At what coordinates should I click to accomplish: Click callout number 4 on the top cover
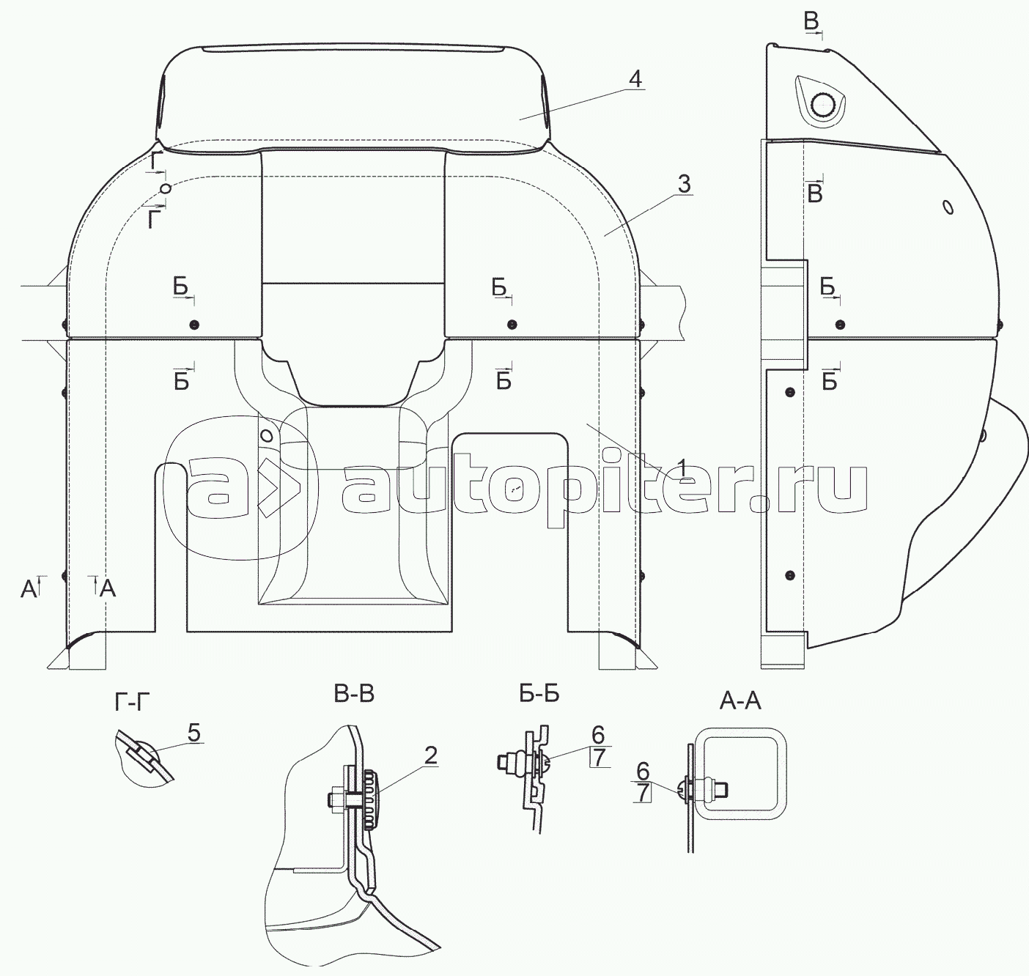(635, 79)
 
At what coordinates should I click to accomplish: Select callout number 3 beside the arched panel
(684, 184)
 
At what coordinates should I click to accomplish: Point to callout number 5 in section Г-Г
(193, 733)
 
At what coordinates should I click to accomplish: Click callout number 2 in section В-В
(430, 755)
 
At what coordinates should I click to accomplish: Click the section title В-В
(354, 695)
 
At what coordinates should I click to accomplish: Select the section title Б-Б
(539, 694)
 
